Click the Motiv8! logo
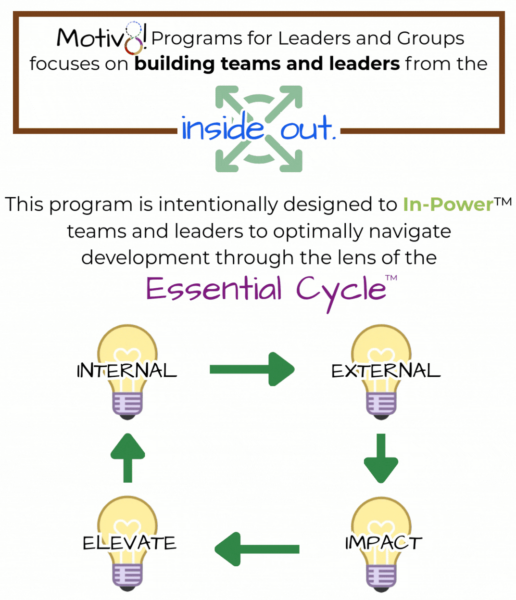(x=101, y=38)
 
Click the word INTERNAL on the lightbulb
(x=127, y=370)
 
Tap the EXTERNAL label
(x=386, y=370)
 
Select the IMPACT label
(x=383, y=543)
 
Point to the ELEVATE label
(x=129, y=543)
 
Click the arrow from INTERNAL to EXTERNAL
(x=252, y=369)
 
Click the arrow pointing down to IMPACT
(x=381, y=458)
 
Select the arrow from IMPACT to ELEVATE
(x=257, y=549)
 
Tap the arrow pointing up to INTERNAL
(x=127, y=458)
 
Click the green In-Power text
(x=448, y=204)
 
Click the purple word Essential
(x=214, y=289)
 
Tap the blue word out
(x=307, y=128)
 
